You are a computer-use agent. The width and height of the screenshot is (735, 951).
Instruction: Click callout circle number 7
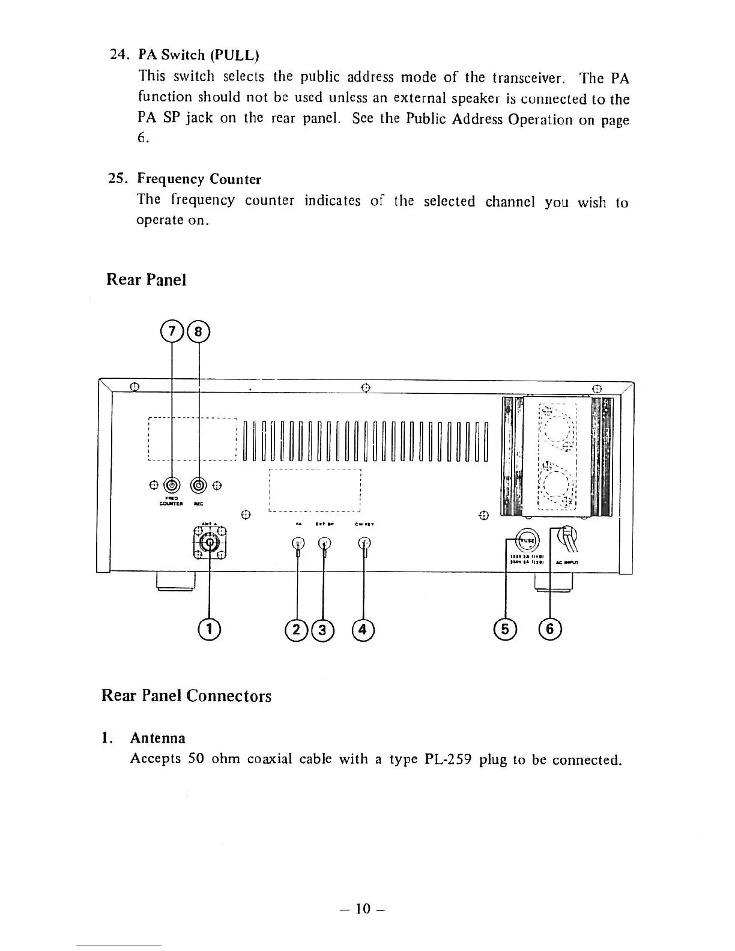172,332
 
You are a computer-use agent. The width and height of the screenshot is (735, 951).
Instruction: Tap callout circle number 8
198,332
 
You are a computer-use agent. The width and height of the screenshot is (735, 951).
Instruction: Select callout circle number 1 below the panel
209,629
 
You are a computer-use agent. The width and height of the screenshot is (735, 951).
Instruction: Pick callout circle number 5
505,629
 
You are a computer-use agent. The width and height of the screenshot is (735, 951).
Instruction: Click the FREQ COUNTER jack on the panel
172,485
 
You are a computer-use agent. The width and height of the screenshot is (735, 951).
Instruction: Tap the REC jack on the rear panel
198,485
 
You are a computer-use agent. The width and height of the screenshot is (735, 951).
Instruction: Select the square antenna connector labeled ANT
209,544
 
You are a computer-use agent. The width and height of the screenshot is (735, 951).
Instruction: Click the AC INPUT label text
567,563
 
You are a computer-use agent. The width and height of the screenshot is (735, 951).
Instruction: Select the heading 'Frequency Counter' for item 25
199,180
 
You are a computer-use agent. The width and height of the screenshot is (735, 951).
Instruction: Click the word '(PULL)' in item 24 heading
234,56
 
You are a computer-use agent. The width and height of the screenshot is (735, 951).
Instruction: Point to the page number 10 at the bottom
361,909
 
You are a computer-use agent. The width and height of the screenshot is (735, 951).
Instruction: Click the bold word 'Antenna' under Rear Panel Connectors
158,738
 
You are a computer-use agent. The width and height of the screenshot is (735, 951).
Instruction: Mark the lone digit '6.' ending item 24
142,139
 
